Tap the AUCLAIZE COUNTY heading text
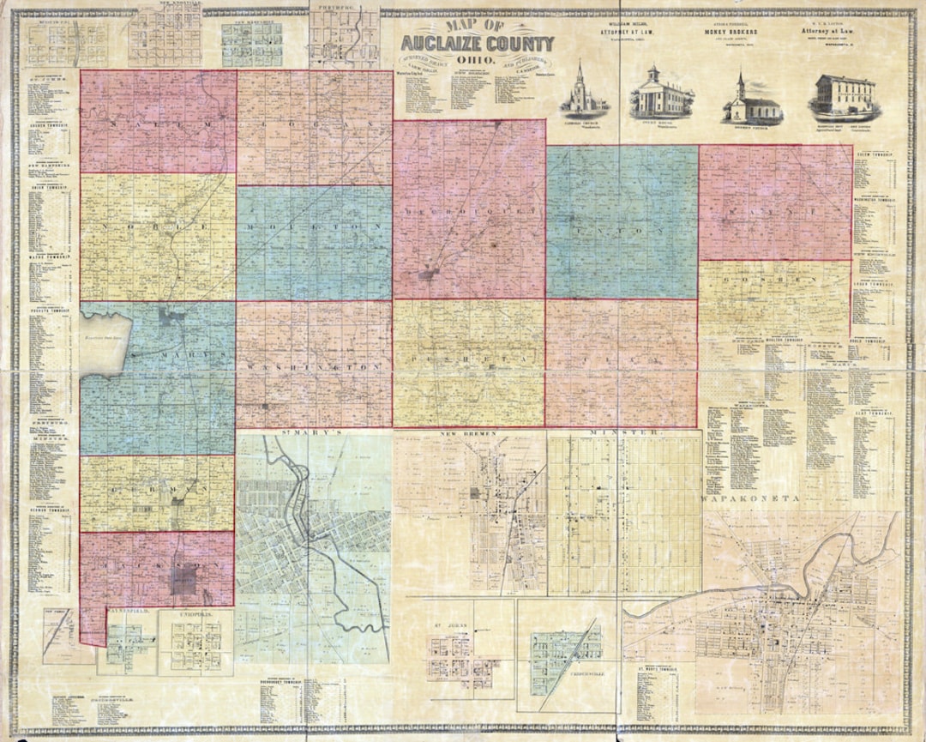[479, 43]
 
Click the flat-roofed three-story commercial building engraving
[844, 97]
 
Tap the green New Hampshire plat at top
[252, 39]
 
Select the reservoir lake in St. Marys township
[106, 343]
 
